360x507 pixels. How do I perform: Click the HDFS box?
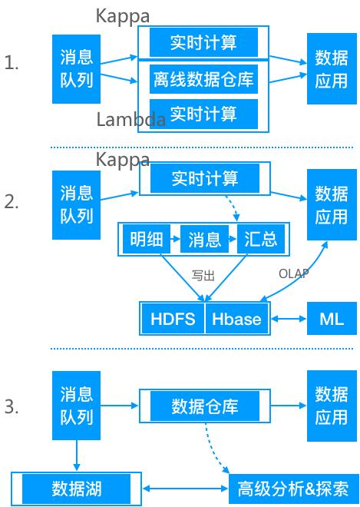(173, 319)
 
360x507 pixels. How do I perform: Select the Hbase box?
(237, 319)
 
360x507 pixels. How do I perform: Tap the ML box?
(332, 319)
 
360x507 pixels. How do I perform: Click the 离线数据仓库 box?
(203, 78)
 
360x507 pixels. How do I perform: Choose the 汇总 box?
(260, 240)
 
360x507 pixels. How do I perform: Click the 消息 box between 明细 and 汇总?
(204, 240)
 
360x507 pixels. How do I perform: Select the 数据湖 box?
(77, 489)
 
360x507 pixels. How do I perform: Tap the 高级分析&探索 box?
(293, 489)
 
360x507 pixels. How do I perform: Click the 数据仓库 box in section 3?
(204, 406)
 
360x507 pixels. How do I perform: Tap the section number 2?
(12, 202)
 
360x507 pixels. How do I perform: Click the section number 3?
(12, 407)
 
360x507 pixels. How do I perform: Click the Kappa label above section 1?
(123, 16)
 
